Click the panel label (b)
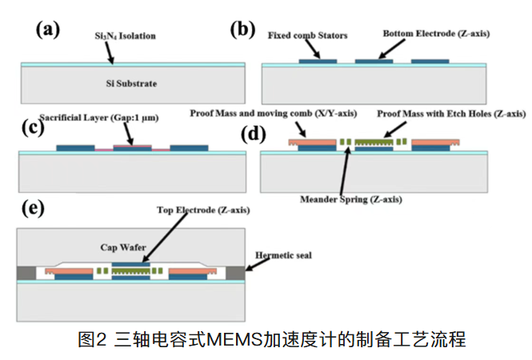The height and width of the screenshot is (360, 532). click(x=242, y=30)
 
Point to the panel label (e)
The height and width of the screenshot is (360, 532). click(x=31, y=209)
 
